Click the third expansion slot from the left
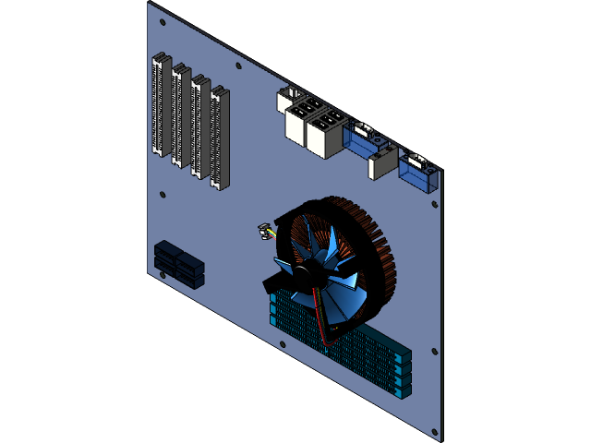coord(199,126)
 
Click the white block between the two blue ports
coord(382,165)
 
